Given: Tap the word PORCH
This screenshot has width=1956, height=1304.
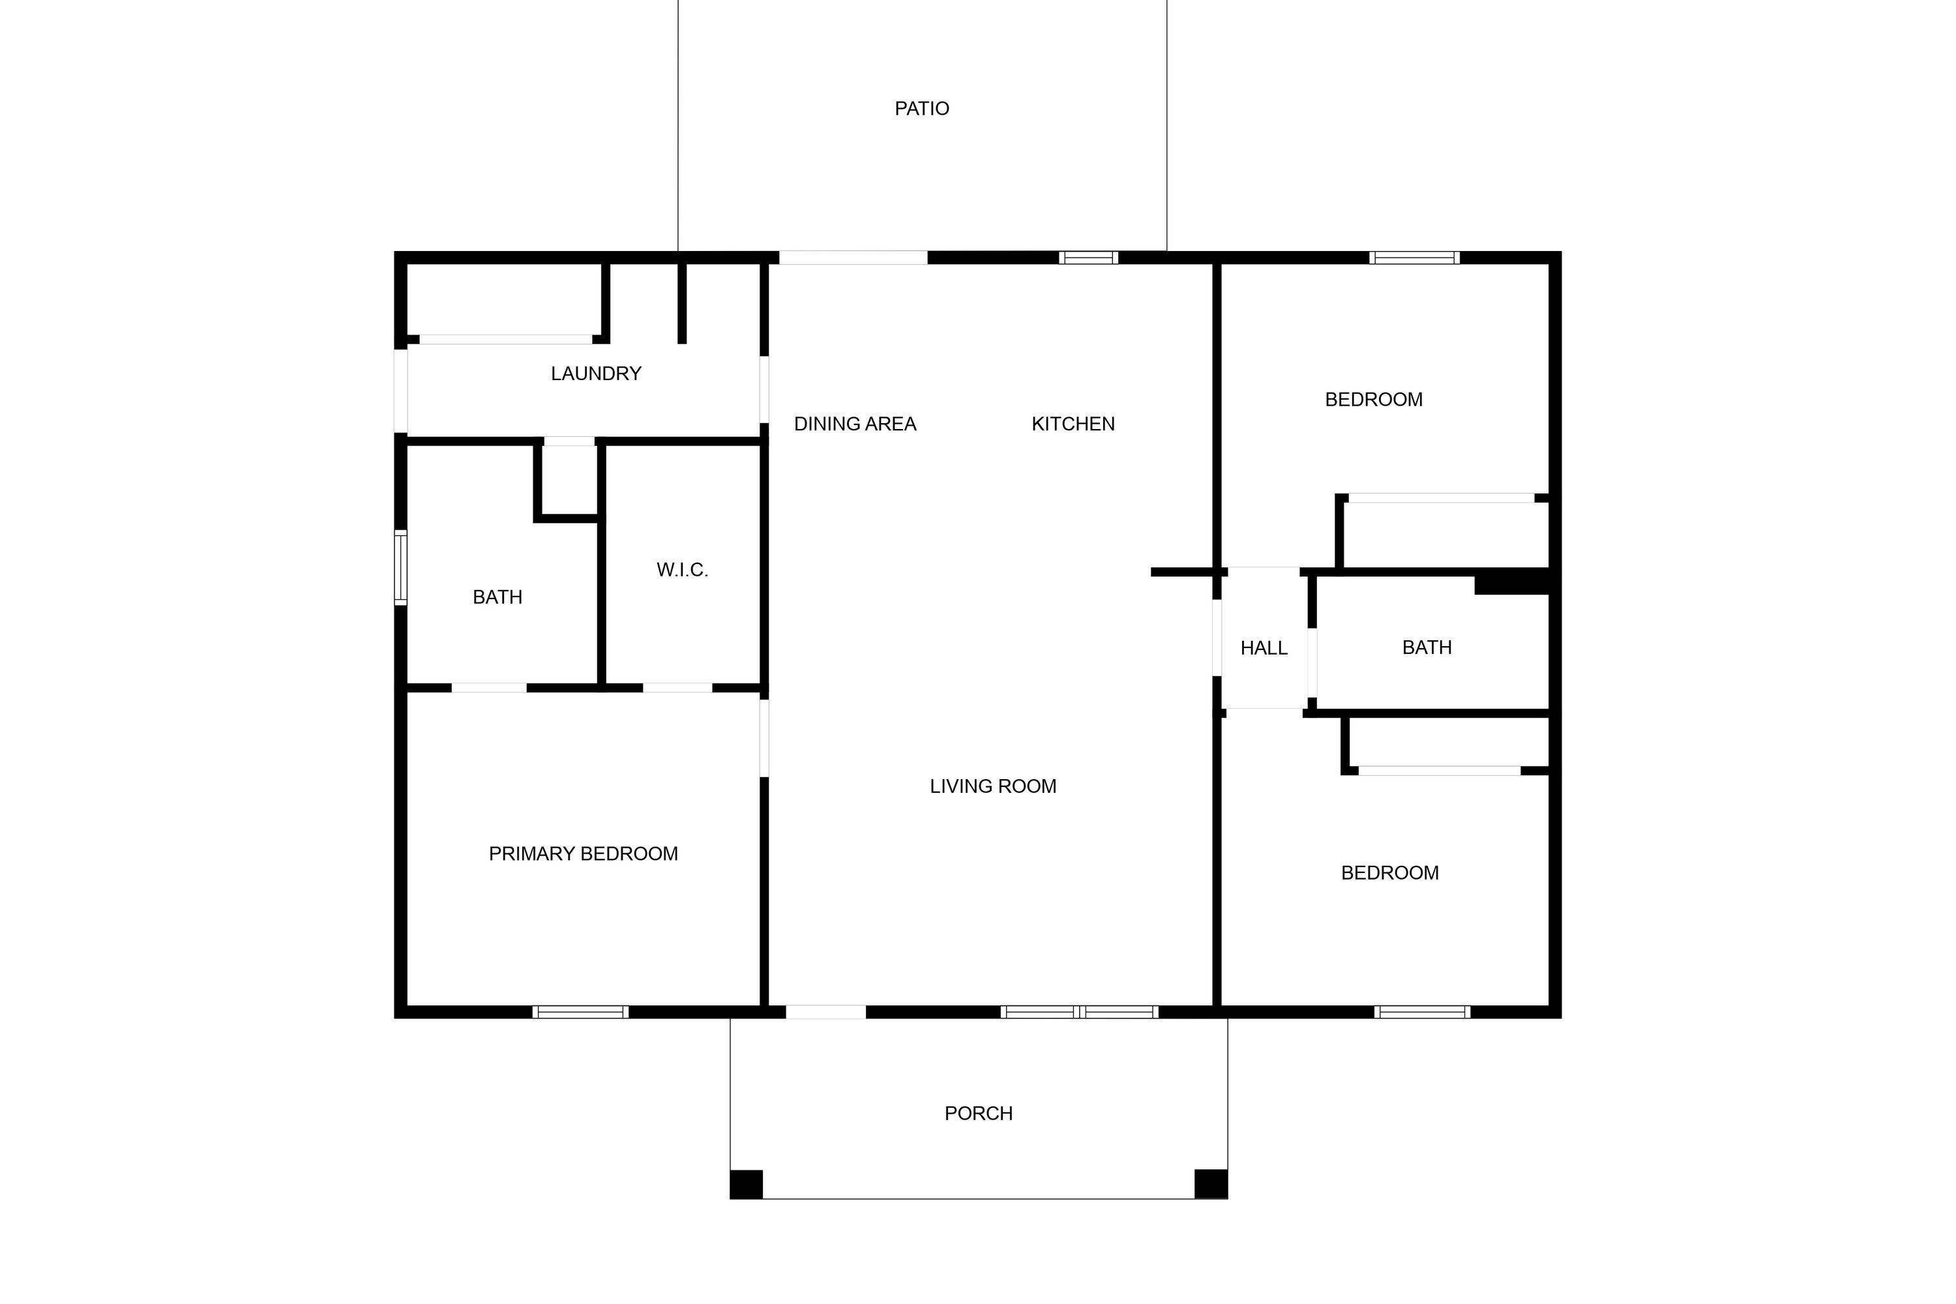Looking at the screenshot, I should pos(978,1114).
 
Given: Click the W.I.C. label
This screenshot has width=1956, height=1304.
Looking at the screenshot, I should pos(682,570).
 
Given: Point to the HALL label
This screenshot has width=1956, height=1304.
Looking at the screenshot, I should pos(1264,649).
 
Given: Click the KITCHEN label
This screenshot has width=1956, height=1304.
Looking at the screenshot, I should pos(1073,424).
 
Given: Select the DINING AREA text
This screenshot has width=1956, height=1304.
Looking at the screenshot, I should pos(855,424).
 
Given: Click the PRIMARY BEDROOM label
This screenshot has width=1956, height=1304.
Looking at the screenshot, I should pos(583,854).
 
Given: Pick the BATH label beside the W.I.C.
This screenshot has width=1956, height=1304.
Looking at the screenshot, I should pos(497,597).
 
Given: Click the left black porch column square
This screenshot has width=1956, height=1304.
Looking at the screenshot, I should pos(746,1184).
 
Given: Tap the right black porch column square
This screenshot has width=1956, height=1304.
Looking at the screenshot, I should pos(1211,1184).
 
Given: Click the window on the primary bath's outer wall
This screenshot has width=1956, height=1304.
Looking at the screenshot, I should pos(401,567).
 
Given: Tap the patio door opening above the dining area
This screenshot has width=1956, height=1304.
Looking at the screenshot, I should pos(853,258).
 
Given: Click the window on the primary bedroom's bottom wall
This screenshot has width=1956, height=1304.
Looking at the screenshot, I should pos(580,1012).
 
